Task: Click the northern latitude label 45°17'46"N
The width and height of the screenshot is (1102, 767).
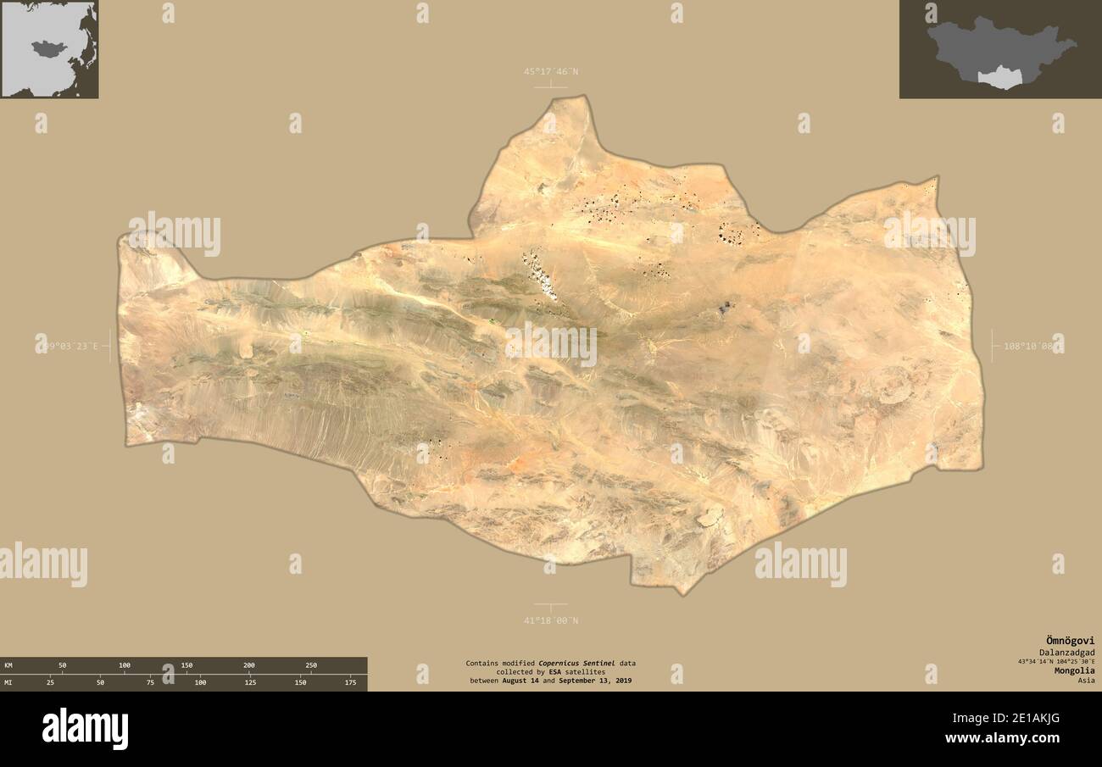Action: pyautogui.click(x=550, y=72)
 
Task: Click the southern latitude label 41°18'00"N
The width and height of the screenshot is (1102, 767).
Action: pyautogui.click(x=550, y=620)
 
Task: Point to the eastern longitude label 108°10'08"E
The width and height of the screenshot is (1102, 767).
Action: pyautogui.click(x=1027, y=346)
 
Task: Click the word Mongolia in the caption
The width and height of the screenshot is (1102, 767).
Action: pyautogui.click(x=1074, y=670)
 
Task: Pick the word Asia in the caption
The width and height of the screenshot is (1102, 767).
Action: pyautogui.click(x=1086, y=680)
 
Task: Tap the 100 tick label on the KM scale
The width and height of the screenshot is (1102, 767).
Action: pyautogui.click(x=125, y=665)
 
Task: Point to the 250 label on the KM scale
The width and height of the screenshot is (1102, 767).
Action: pyautogui.click(x=311, y=665)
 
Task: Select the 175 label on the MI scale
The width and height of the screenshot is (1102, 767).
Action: pyautogui.click(x=351, y=681)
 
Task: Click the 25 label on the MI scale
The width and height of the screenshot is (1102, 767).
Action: pyautogui.click(x=50, y=681)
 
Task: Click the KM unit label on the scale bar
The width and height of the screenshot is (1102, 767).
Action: pyautogui.click(x=8, y=665)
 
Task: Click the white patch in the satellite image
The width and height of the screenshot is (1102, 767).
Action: pyautogui.click(x=540, y=274)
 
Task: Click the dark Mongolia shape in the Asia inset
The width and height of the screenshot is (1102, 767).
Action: pyautogui.click(x=47, y=47)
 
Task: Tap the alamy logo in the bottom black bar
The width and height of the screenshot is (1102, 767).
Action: pyautogui.click(x=85, y=729)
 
